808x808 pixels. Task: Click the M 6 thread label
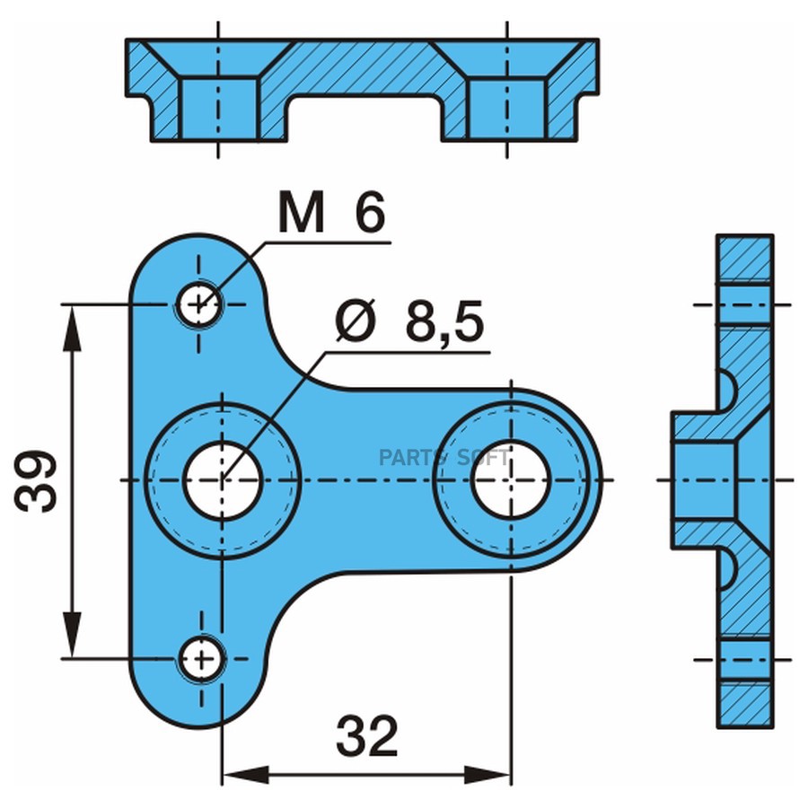pos(331,211)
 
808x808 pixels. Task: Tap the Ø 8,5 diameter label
pos(409,321)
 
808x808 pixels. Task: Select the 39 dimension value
pos(35,481)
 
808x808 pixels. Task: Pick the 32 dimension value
pos(367,735)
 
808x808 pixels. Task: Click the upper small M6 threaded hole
pos(200,303)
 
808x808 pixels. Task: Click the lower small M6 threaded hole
pos(201,658)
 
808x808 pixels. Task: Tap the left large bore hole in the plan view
pos(222,479)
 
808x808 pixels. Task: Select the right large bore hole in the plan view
pos(510,479)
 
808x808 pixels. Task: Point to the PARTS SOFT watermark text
pos(444,458)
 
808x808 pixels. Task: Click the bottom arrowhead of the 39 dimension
pos(72,635)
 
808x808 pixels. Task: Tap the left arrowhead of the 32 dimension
pos(245,775)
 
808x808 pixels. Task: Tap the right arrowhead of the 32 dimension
pos(487,775)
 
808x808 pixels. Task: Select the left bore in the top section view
pos(218,109)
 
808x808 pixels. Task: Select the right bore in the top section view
pos(506,109)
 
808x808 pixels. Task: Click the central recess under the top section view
pos(364,118)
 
